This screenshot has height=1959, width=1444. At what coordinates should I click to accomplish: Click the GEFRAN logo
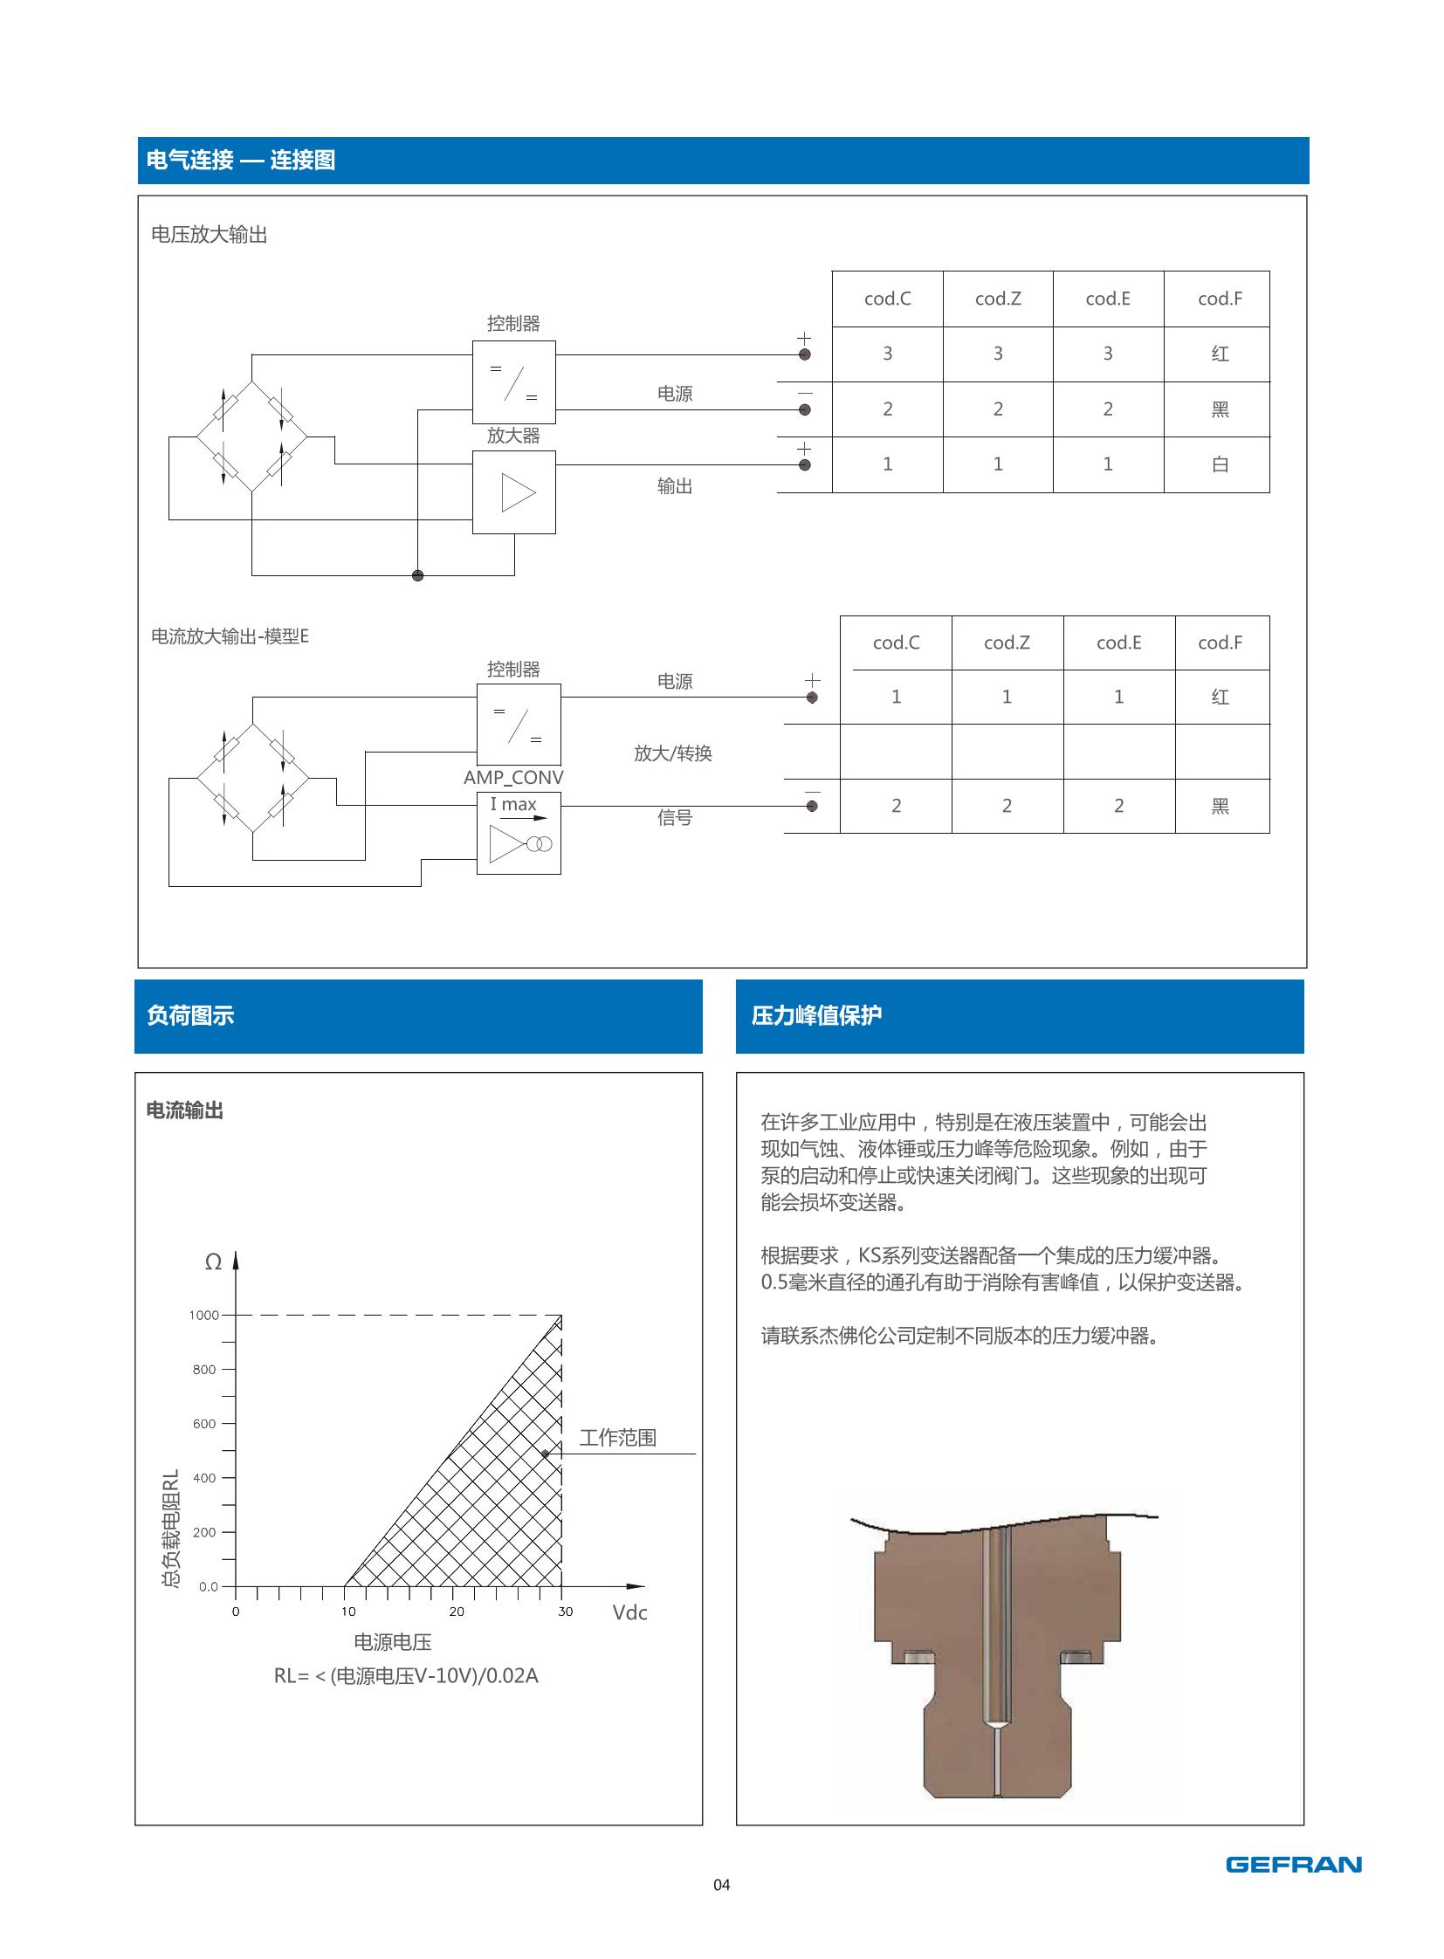click(1293, 1864)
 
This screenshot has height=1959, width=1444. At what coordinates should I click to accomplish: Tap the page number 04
click(721, 1884)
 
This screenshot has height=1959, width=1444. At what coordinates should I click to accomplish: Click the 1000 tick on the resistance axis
click(204, 1315)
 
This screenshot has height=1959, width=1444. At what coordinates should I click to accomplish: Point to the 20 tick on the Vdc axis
click(457, 1611)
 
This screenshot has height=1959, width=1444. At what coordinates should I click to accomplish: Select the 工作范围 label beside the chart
click(617, 1437)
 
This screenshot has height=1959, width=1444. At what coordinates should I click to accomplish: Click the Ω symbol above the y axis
click(212, 1261)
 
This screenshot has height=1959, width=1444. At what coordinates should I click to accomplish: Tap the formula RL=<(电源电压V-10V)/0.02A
click(406, 1675)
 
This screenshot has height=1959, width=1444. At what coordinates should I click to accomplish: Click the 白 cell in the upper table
click(1220, 464)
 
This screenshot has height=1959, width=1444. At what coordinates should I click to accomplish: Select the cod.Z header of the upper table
click(997, 299)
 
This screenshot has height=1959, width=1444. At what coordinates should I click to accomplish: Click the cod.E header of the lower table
click(1118, 643)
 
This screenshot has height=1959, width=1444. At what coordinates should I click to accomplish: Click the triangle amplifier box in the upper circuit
click(514, 492)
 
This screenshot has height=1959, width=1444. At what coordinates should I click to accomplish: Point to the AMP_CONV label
click(513, 777)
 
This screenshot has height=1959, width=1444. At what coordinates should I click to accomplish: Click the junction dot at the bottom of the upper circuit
click(418, 575)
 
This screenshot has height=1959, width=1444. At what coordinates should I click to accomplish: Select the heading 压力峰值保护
click(816, 1015)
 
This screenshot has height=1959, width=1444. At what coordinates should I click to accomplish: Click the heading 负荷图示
click(190, 1015)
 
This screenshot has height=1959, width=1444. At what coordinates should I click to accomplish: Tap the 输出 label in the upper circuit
click(674, 486)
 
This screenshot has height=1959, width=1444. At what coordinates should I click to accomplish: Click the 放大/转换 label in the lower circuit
click(672, 753)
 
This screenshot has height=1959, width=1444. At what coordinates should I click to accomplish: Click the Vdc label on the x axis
click(629, 1612)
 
